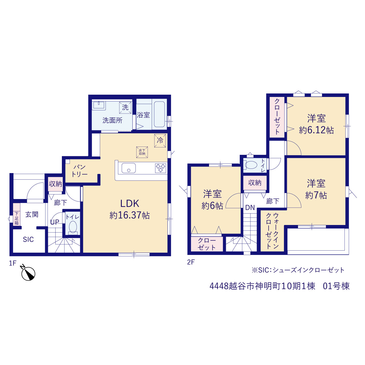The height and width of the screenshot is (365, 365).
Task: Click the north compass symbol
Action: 28,273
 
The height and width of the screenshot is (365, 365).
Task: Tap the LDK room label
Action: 130,204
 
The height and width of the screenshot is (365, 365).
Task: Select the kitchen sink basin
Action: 129,168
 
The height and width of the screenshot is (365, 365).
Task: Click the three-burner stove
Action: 161,168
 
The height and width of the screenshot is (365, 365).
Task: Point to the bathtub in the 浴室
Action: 159,114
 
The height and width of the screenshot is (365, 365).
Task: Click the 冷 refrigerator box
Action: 160,141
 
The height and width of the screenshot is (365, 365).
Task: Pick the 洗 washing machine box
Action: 125,108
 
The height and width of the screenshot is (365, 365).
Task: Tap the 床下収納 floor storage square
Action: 142,152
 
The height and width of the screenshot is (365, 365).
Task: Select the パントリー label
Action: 80,171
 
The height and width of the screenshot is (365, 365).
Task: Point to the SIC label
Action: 29,240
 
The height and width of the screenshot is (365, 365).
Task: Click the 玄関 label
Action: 32,215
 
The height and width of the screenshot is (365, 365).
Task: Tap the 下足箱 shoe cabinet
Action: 17,214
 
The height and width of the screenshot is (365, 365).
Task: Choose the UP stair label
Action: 55,222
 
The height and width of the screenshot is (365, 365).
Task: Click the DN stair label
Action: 250,208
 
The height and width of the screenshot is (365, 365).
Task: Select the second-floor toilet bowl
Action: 251,165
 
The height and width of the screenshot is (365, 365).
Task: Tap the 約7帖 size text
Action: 316,195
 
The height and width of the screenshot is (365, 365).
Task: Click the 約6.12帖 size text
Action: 316,130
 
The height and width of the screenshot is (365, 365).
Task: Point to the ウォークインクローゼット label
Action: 272,231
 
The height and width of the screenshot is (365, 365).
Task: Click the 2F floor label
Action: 191,262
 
